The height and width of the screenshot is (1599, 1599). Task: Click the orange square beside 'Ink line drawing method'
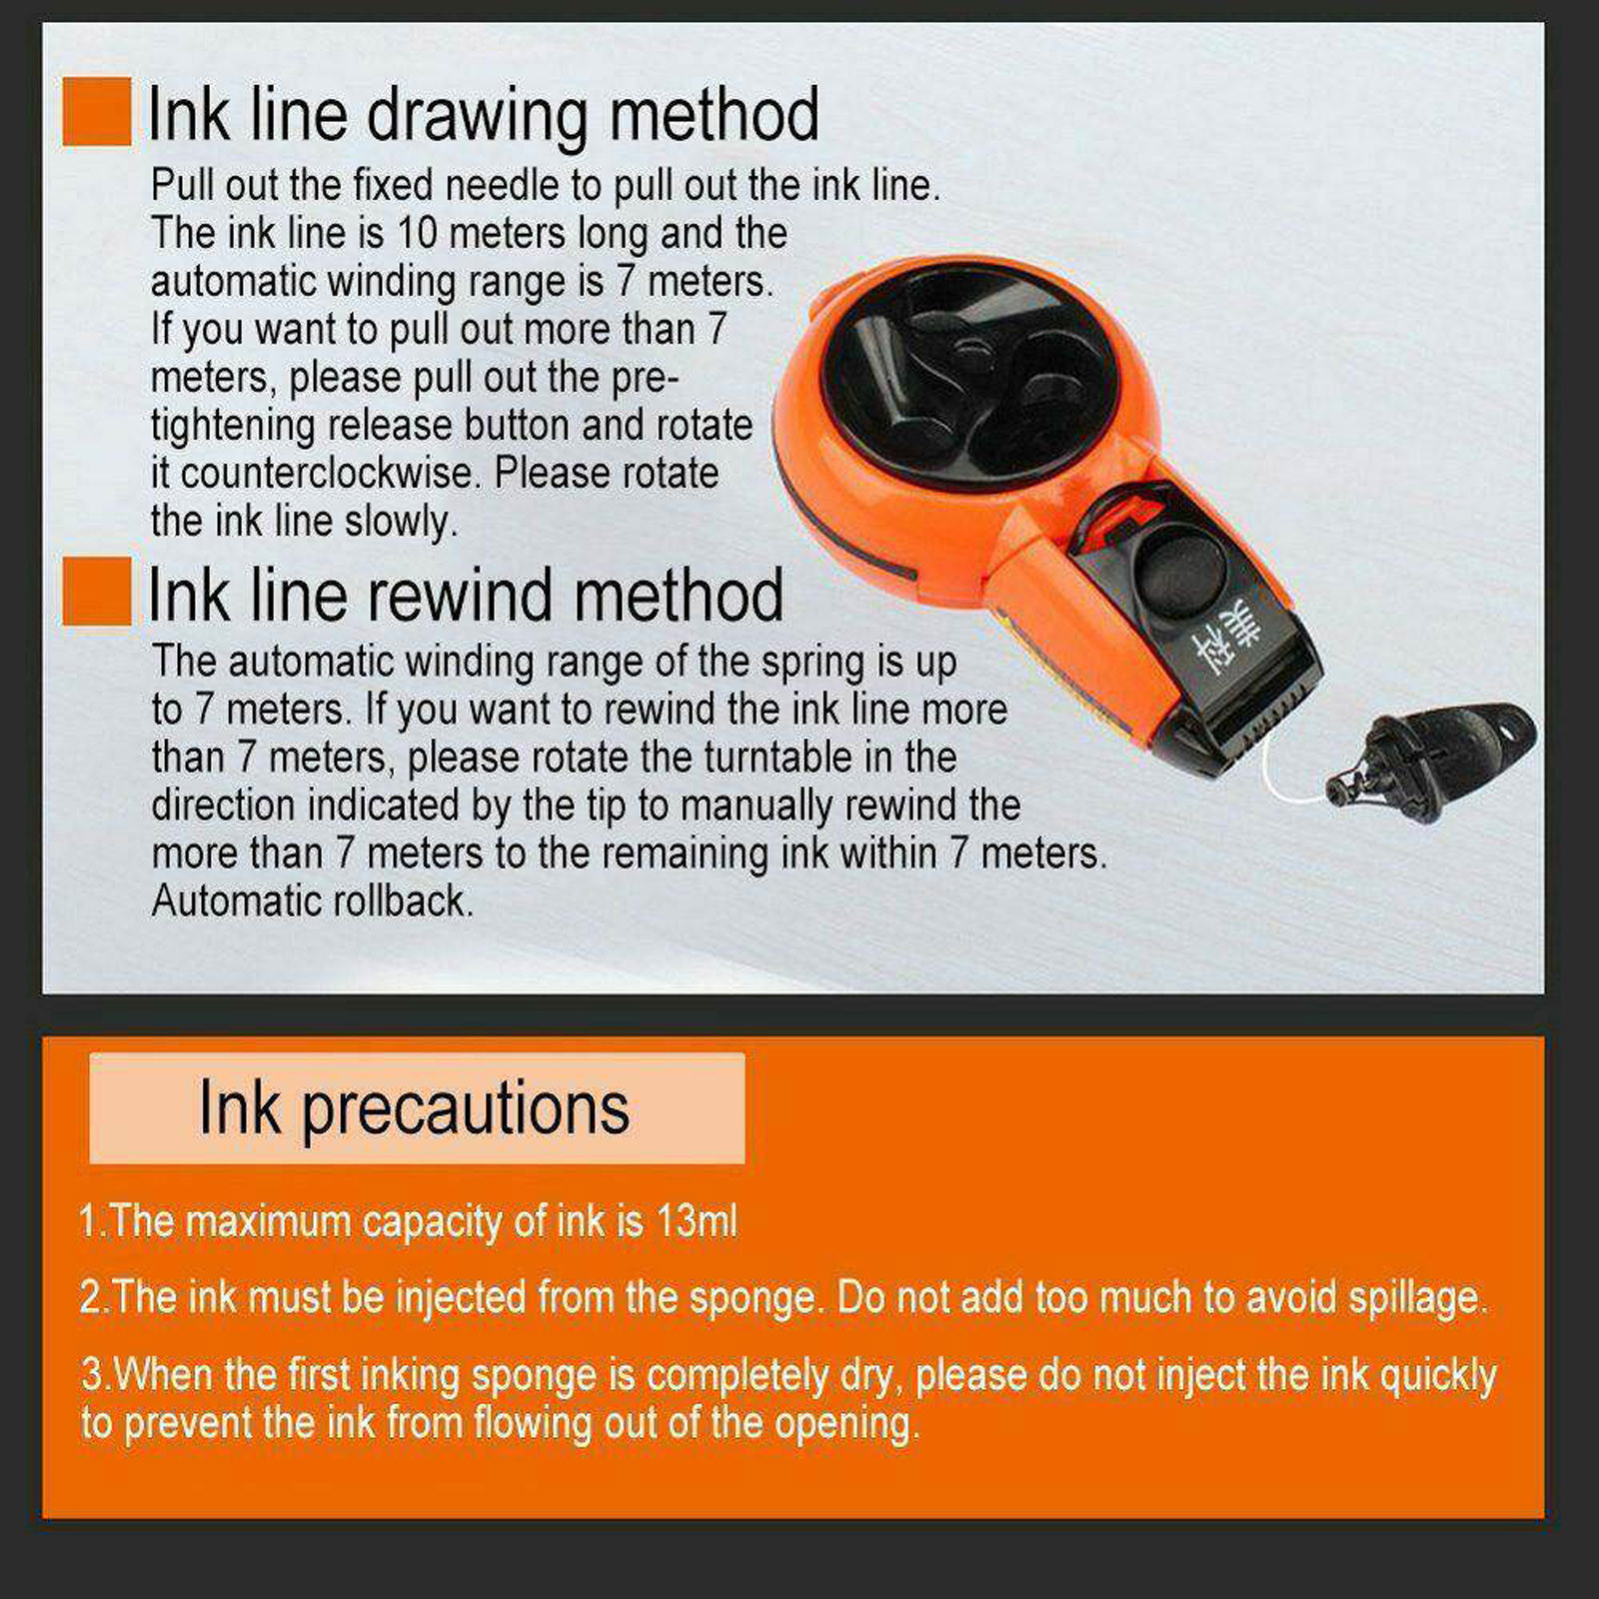[x=96, y=111]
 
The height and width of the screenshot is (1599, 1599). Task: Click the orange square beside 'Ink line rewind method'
[x=96, y=591]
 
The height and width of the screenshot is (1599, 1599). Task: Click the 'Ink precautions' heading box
[x=417, y=1107]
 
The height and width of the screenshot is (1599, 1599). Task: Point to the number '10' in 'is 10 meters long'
[x=418, y=233]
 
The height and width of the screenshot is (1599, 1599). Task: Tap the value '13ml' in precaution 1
[x=697, y=1220]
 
